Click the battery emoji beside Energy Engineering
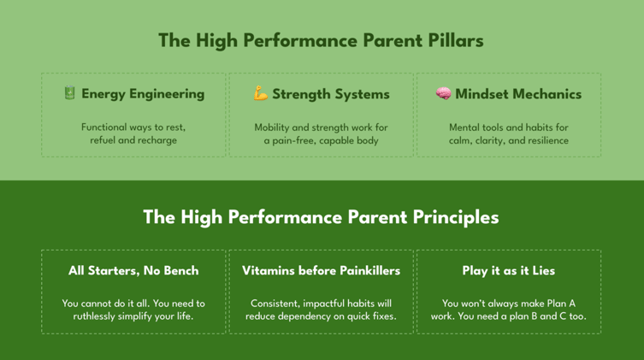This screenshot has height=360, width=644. pos(70,93)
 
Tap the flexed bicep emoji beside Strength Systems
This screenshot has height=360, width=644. pos(261,93)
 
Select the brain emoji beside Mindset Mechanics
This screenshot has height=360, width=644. pos(443,93)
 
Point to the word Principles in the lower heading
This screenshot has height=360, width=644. pos(456,217)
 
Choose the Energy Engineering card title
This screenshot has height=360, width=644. pos(143,94)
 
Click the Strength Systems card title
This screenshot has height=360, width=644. pos(330,94)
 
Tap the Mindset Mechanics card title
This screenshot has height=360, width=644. pos(517,94)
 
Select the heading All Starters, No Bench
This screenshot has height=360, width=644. pos(133,270)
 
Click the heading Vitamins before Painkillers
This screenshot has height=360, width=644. pos(321,270)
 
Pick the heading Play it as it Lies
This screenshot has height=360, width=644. pos(508,270)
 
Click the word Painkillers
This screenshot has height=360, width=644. pos(362,270)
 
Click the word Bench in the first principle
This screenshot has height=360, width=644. pos(180,270)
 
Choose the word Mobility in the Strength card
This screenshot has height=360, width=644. pos(275,127)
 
